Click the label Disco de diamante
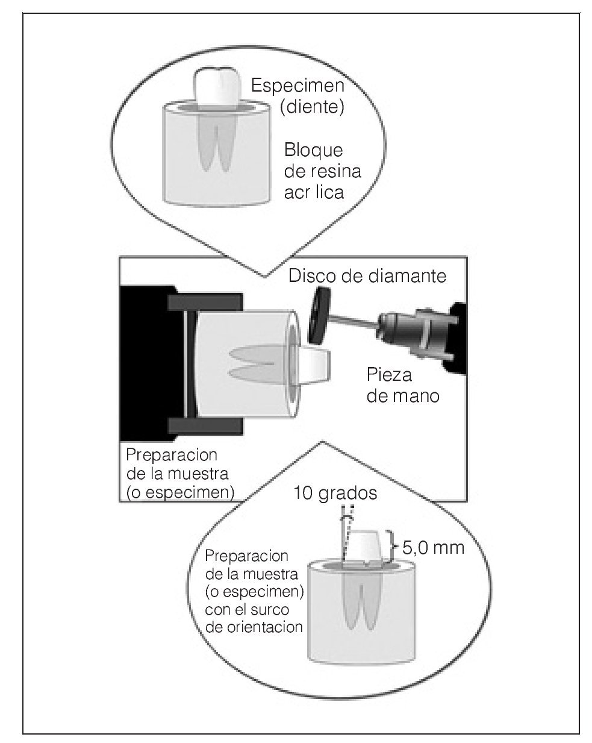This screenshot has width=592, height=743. click(x=367, y=277)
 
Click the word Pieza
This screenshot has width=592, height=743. click(x=390, y=375)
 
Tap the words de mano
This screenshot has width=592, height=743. click(x=403, y=396)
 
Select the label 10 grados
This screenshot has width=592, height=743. click(x=335, y=494)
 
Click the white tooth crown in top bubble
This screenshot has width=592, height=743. click(x=217, y=88)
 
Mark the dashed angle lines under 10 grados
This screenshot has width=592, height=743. click(x=346, y=530)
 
